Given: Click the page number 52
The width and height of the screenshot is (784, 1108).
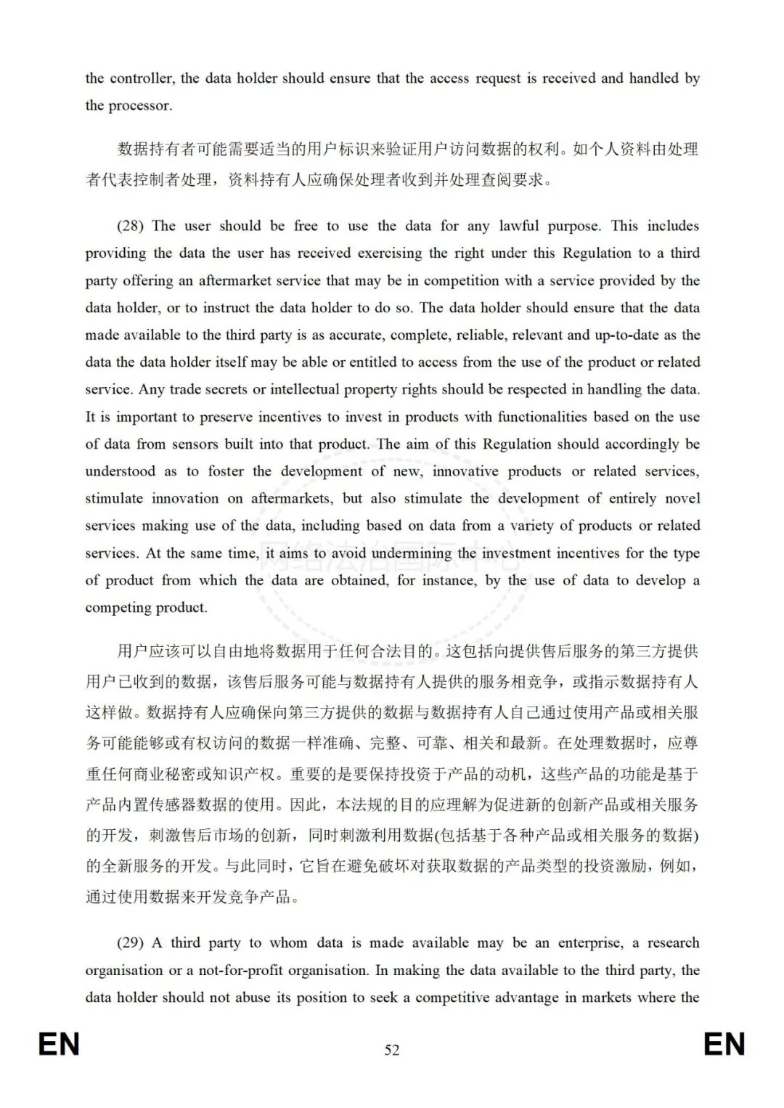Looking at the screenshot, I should pos(392,1050).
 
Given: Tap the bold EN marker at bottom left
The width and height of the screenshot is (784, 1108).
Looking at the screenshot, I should pos(59,1045).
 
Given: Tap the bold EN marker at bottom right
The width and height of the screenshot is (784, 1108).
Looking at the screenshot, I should pos(724,1045).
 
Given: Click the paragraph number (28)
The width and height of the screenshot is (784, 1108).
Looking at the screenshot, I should pos(130,226).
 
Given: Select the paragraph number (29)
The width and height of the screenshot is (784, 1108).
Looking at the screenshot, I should pos(130,943).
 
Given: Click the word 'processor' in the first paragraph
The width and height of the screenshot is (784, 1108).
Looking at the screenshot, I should pos(139,105).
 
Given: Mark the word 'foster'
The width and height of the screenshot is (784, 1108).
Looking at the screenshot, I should pos(226,471).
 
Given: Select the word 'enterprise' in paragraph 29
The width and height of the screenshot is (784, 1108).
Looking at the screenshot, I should pos(590,943).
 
